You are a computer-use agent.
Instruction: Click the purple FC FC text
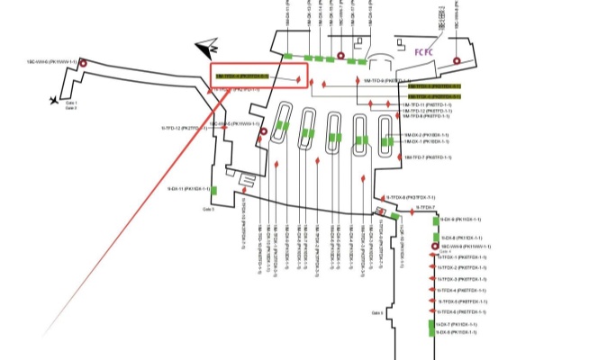point(425,52)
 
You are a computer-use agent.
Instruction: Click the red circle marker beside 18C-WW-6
point(83,64)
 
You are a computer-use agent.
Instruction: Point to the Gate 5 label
point(208,209)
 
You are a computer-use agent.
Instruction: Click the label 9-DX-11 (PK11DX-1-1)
point(188,189)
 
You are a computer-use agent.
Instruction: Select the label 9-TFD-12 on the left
point(186,128)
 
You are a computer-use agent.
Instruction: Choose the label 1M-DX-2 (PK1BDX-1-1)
point(426,135)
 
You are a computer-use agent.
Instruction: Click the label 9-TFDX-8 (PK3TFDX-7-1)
point(411,196)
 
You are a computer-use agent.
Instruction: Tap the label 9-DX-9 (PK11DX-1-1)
point(460,220)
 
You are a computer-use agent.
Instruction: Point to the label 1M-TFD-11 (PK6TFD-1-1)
point(426,104)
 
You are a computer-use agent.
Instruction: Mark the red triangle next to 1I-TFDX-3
point(431,279)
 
